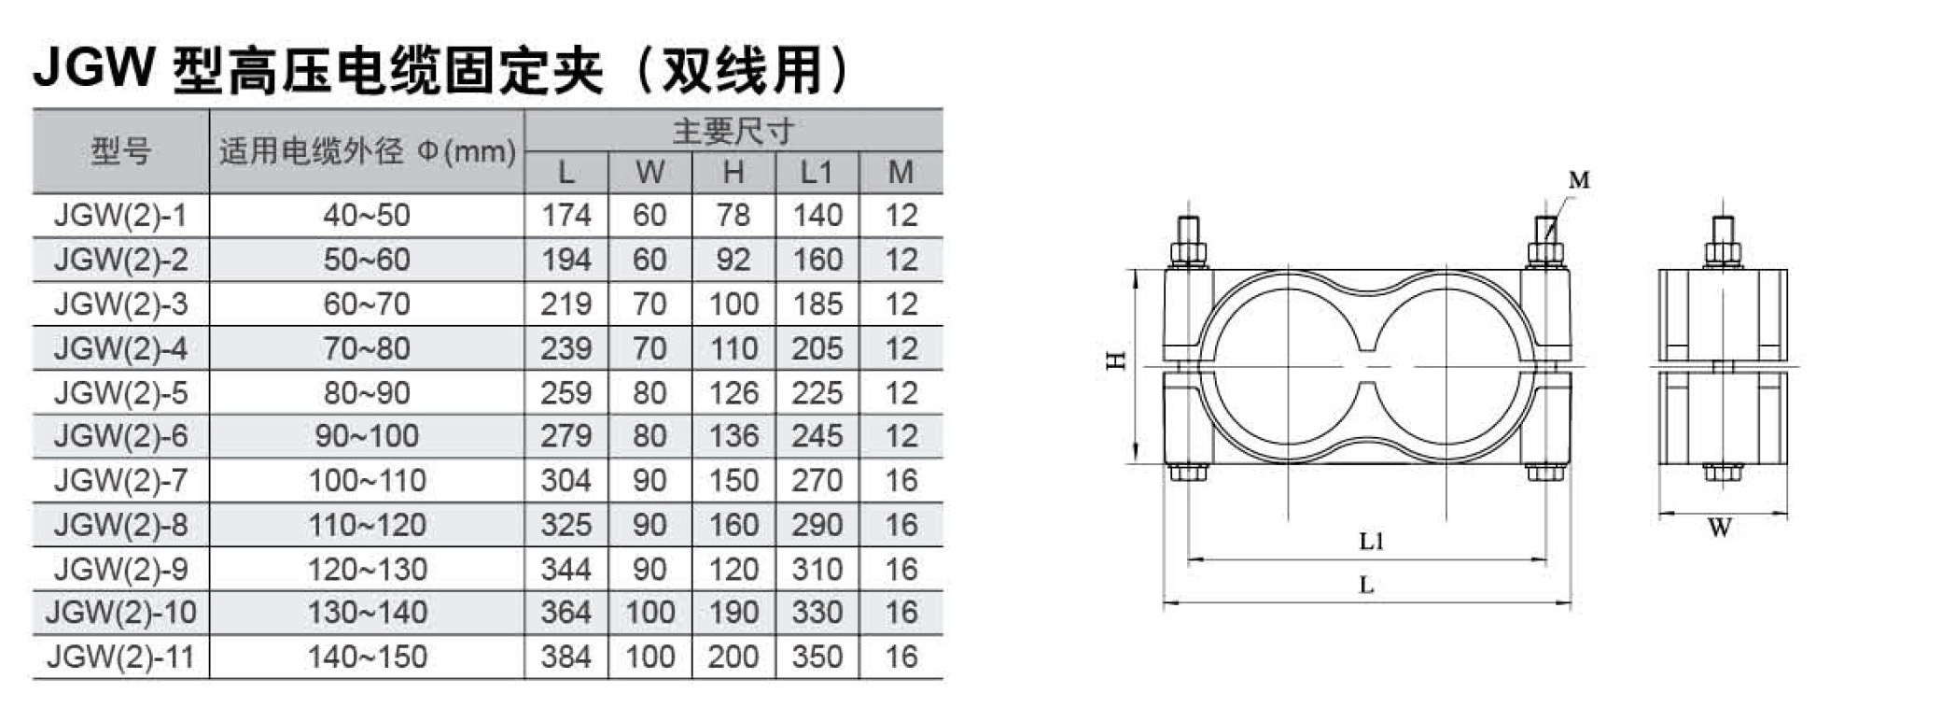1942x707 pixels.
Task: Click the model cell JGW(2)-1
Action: pos(120,216)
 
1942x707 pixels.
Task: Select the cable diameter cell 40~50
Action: pos(367,216)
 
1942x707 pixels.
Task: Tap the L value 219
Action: pos(566,304)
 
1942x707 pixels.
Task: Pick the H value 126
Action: pos(733,392)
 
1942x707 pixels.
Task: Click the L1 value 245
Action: pos(817,436)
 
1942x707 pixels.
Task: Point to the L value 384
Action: pos(566,657)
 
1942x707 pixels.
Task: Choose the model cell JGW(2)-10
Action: pos(120,613)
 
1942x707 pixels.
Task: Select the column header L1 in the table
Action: pos(817,172)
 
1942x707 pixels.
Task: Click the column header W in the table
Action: pos(650,172)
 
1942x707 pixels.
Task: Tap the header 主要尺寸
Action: pos(733,131)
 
